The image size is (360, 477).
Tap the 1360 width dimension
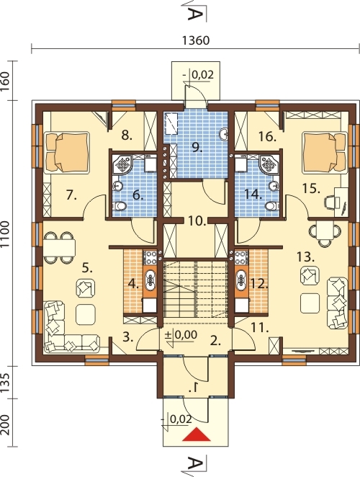pos(196,40)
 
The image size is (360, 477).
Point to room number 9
pos(197,147)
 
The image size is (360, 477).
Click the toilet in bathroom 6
pos(120,206)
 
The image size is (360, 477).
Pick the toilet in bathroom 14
pos(271,206)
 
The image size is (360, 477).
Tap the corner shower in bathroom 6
pos(123,164)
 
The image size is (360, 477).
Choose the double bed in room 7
pos(67,153)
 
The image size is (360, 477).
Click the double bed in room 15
pos(325,153)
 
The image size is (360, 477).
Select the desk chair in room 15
pos(331,203)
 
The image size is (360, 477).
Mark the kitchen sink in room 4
pos(150,280)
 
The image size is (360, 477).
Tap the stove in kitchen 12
pos(241,257)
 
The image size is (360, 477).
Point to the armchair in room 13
pos(310,275)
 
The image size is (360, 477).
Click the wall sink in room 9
pos(224,134)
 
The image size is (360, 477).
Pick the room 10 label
pos(197,221)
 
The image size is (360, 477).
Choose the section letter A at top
pos(194,14)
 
